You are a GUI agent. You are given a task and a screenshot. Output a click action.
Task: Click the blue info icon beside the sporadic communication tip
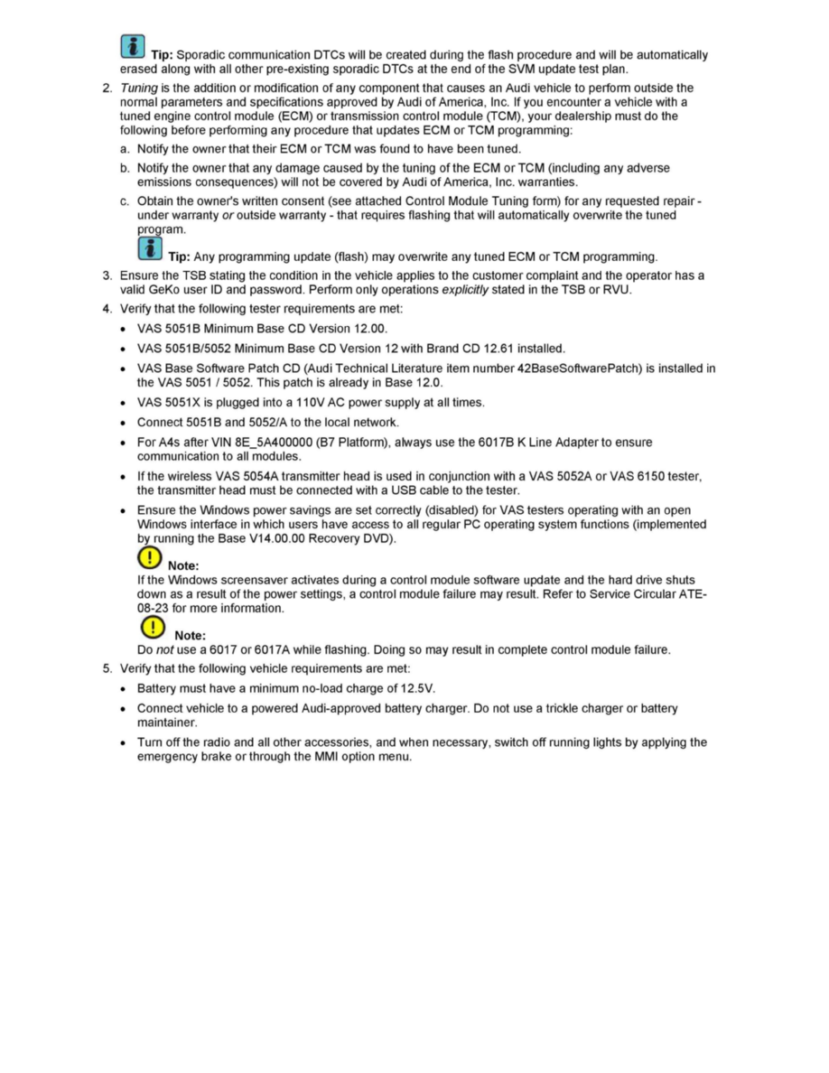132,46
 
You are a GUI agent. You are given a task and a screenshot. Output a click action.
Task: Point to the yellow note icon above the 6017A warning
154,627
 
